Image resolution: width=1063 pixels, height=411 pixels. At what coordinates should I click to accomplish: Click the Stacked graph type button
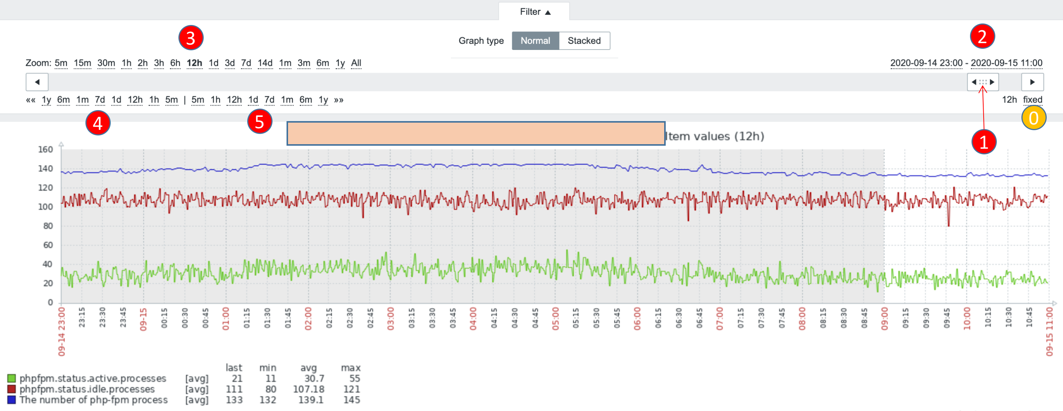(584, 41)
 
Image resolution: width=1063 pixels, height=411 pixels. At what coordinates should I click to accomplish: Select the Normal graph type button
(535, 41)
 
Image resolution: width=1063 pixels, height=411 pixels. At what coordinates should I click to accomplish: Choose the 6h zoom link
(175, 63)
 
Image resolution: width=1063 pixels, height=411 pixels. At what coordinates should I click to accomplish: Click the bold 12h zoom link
(194, 63)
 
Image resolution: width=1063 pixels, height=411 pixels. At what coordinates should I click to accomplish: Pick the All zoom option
(356, 63)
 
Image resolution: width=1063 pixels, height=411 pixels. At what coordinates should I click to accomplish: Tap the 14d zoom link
(265, 63)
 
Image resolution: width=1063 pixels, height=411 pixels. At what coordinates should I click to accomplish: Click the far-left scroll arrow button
(37, 82)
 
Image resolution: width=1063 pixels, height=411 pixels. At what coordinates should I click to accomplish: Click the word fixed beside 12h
(1032, 100)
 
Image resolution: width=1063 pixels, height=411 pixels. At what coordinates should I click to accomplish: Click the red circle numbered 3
(191, 38)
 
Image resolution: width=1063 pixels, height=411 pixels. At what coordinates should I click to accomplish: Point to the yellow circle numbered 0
(1033, 118)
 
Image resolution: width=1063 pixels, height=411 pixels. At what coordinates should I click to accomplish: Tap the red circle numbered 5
(260, 122)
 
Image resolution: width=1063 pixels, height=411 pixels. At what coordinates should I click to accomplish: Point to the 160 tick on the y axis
(45, 149)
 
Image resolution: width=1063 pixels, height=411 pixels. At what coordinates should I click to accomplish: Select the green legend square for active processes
(12, 378)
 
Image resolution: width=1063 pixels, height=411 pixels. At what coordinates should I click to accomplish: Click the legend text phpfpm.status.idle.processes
(87, 389)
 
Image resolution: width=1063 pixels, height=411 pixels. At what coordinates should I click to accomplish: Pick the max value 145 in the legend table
(352, 400)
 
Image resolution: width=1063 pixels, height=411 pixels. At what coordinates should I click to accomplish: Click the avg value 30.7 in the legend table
(314, 378)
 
